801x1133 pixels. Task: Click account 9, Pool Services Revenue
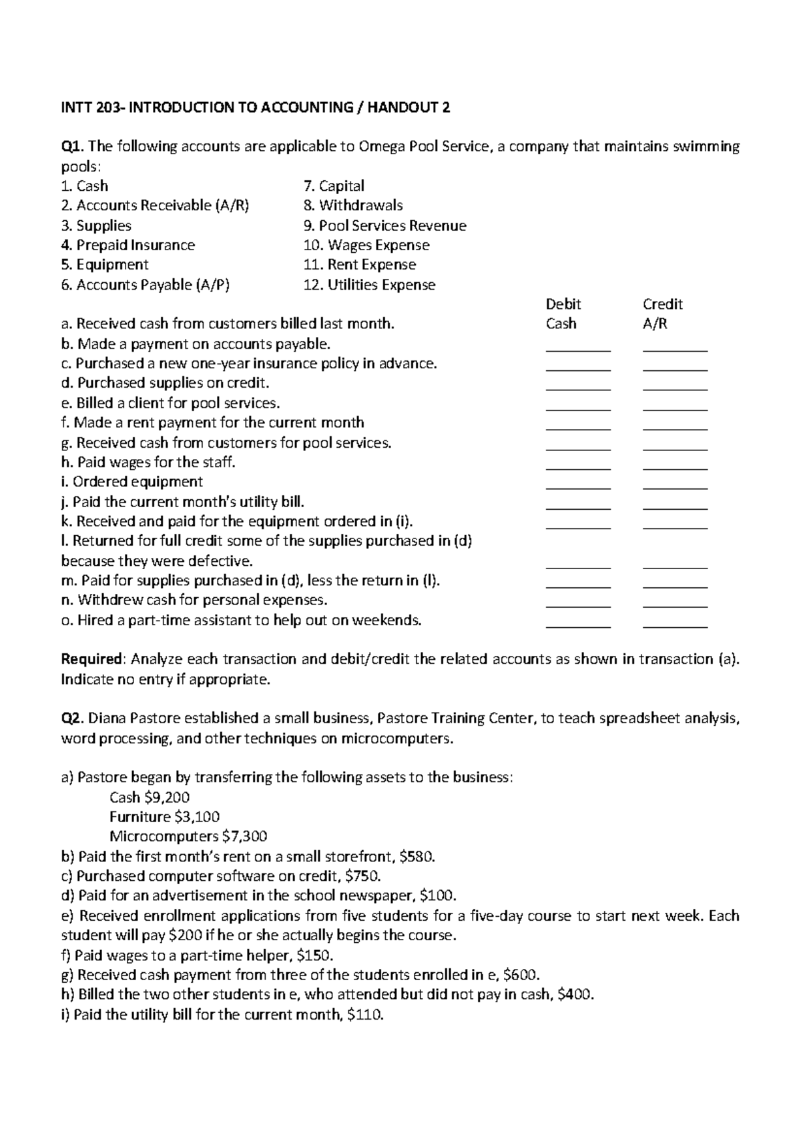pyautogui.click(x=384, y=226)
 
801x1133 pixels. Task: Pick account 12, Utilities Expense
pyautogui.click(x=369, y=285)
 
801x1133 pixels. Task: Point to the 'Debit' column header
pyautogui.click(x=563, y=304)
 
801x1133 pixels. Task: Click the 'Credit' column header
pyautogui.click(x=662, y=304)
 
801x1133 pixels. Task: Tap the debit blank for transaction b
pyautogui.click(x=578, y=347)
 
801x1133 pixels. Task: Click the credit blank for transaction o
pyautogui.click(x=675, y=623)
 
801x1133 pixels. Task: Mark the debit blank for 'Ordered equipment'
pyautogui.click(x=578, y=485)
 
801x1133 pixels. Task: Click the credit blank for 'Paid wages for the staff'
pyautogui.click(x=675, y=465)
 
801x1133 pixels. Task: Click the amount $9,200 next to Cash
pyautogui.click(x=167, y=797)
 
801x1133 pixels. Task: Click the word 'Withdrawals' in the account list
pyautogui.click(x=360, y=206)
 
